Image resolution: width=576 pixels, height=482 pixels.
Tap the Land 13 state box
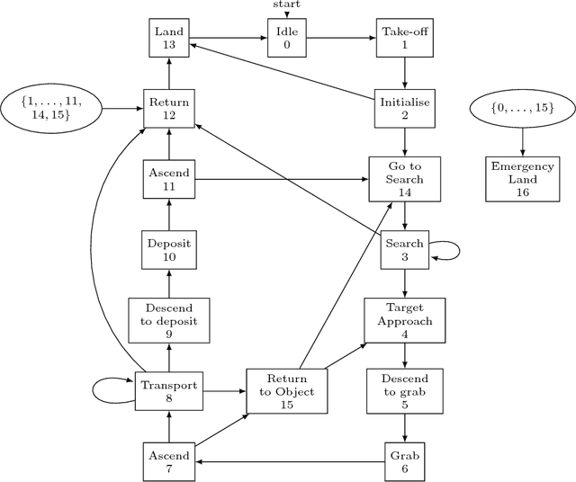tap(167, 39)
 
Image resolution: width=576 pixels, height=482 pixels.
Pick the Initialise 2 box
tap(404, 109)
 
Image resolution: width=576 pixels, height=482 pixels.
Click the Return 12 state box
tap(167, 109)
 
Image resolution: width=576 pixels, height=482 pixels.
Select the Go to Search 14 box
tap(404, 179)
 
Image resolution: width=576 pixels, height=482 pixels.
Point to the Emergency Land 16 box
tap(522, 179)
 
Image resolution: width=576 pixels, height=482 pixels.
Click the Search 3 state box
tap(404, 250)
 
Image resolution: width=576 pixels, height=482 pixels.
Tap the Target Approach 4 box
tap(404, 320)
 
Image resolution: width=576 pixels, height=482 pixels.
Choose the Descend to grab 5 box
tap(404, 391)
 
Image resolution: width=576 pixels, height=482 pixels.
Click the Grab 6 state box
tap(404, 460)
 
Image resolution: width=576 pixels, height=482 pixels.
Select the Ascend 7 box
tap(167, 460)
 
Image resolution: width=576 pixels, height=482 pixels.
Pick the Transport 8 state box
tap(167, 391)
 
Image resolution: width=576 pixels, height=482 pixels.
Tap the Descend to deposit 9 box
tap(167, 320)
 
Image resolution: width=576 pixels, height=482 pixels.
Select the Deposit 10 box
tap(167, 250)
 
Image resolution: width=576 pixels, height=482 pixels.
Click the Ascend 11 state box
tap(167, 179)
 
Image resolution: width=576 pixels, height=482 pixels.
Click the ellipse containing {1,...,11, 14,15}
tap(51, 108)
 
